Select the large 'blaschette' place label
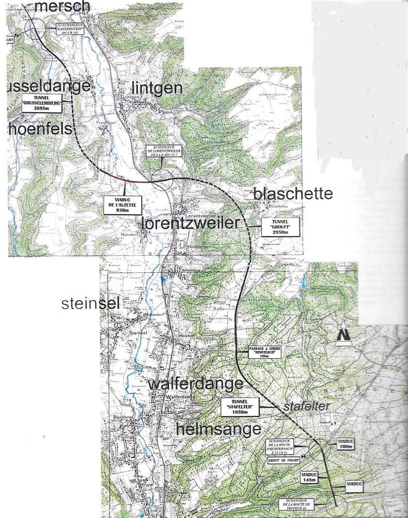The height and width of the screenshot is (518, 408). pos(293,194)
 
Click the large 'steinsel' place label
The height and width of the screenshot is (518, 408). pos(91,304)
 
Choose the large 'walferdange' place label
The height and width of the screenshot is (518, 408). pos(196,384)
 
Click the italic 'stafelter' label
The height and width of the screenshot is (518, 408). pos(306,407)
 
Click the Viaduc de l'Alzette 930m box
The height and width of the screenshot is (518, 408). pos(121,205)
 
